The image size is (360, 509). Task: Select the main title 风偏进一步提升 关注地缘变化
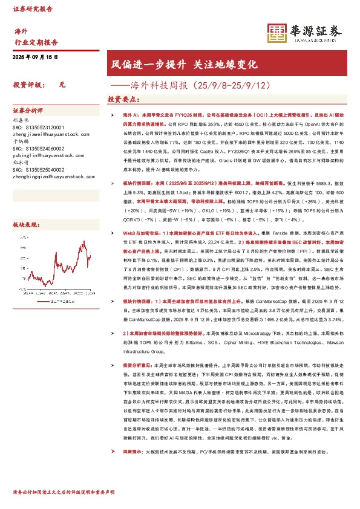(x=184, y=63)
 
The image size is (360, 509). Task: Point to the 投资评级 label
(x=26, y=85)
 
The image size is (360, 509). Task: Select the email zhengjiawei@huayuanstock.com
(x=47, y=136)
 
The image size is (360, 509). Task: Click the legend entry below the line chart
(x=57, y=299)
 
